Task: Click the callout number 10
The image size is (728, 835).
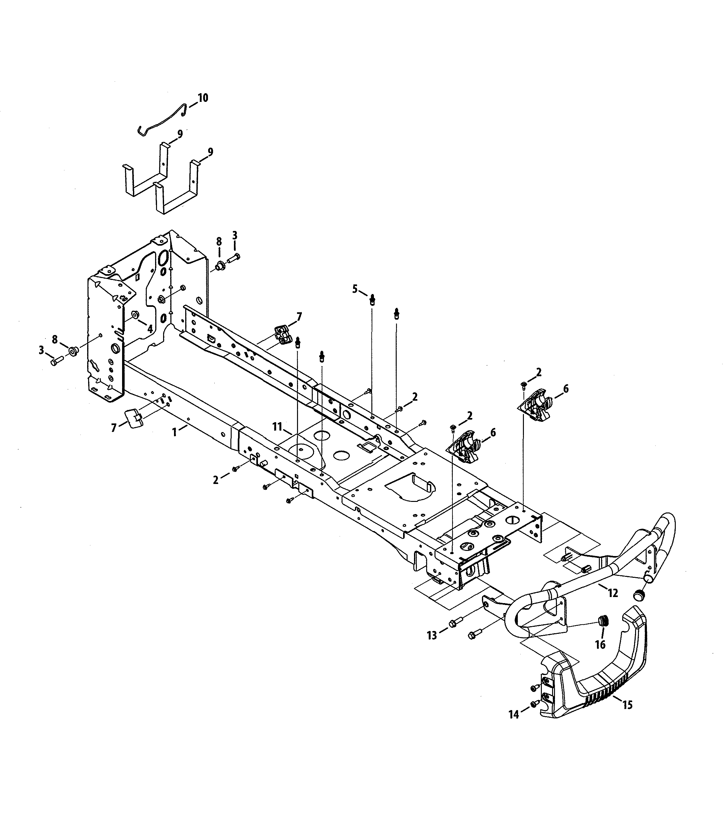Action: [203, 98]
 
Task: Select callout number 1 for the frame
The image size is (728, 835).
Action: [175, 432]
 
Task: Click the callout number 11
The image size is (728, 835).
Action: [277, 426]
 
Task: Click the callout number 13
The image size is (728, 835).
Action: [432, 635]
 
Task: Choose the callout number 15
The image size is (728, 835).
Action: [628, 705]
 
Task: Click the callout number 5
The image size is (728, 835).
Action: [355, 289]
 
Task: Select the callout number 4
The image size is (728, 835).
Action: [150, 329]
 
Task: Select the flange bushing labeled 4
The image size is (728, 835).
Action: [134, 315]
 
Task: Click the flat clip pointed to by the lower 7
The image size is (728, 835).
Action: [133, 418]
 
